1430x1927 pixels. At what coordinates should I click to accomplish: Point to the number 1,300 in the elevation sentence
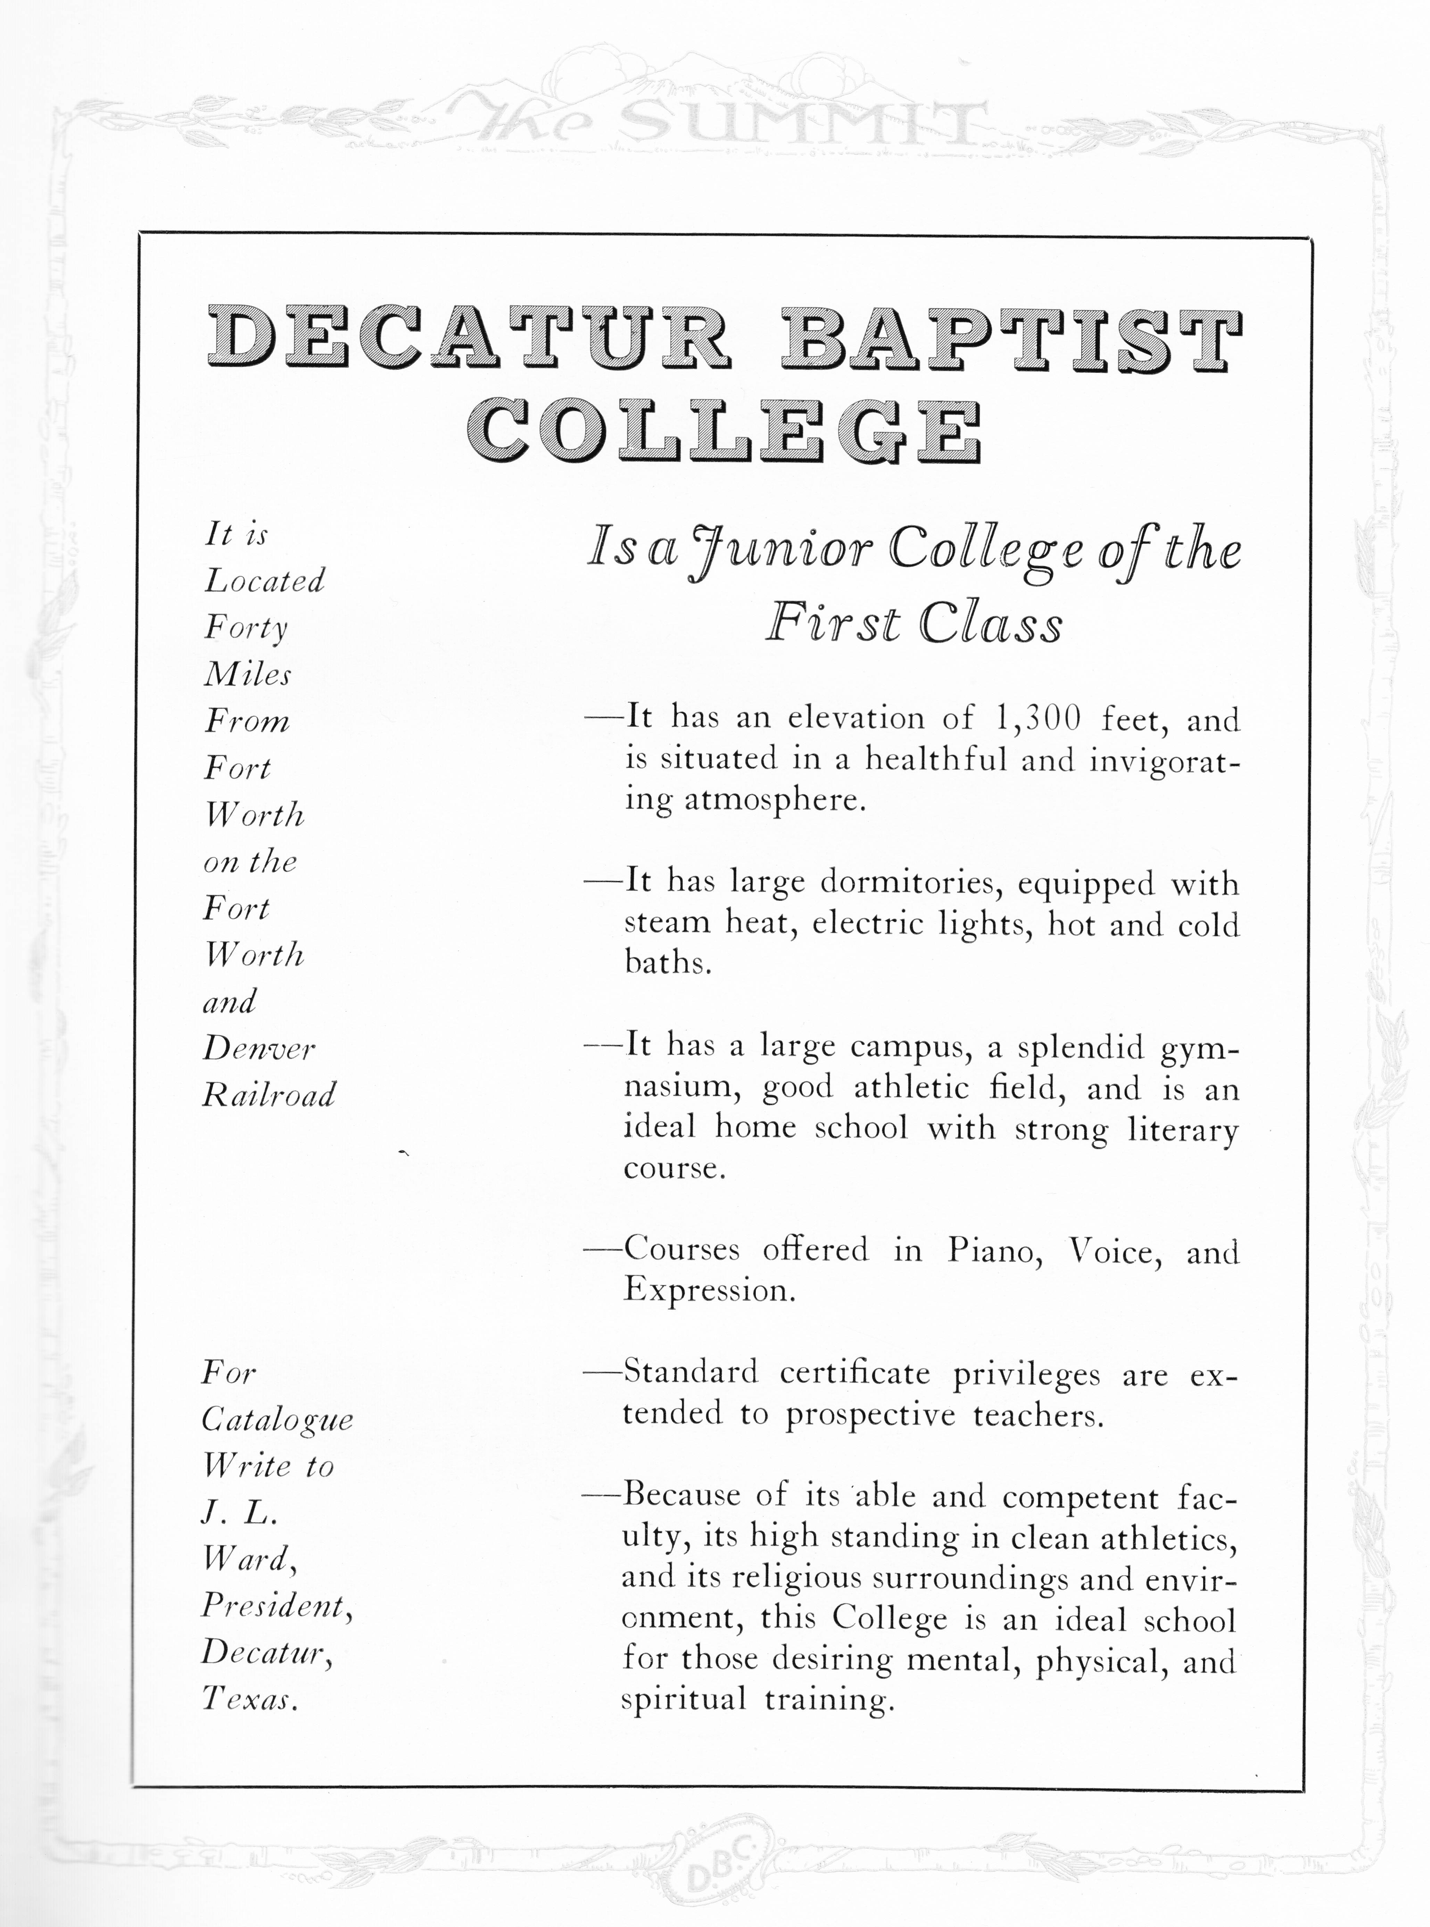pos(1039,718)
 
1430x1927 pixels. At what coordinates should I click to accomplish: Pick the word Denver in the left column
pos(259,1049)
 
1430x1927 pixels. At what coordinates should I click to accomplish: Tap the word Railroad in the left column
pos(268,1096)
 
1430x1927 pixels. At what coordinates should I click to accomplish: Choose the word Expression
pos(708,1291)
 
